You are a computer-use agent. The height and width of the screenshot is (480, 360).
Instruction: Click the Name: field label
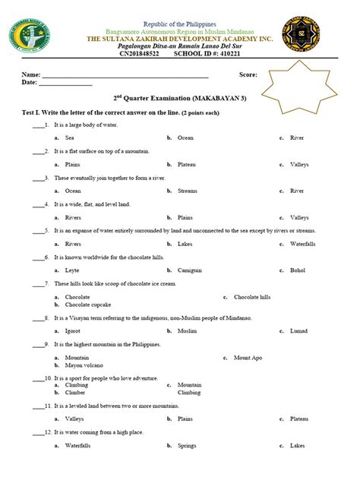(31, 75)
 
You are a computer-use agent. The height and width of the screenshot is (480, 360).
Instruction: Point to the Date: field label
(30, 83)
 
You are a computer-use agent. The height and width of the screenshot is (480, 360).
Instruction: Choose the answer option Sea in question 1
(69, 138)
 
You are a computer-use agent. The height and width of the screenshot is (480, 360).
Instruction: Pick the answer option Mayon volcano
(82, 365)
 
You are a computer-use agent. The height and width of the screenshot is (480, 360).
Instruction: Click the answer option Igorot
(73, 331)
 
